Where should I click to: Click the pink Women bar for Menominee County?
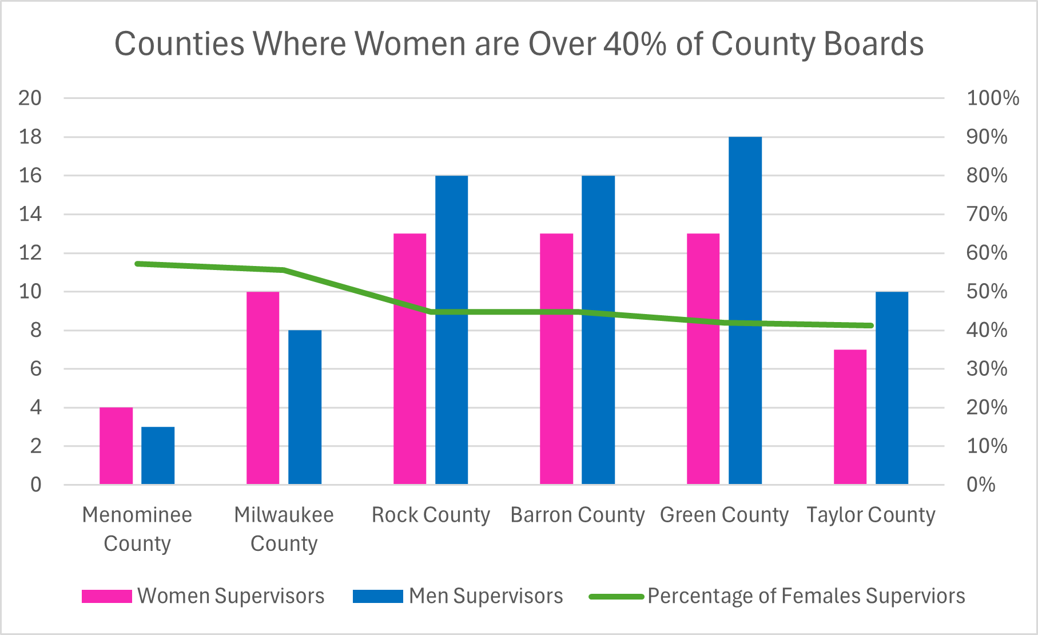(x=116, y=446)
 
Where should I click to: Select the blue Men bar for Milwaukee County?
(x=305, y=407)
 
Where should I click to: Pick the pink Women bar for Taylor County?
(x=850, y=417)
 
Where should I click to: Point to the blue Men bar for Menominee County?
(x=158, y=455)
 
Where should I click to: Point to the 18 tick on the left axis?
(x=30, y=137)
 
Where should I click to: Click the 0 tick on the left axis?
(x=35, y=485)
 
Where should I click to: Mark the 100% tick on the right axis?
(x=992, y=98)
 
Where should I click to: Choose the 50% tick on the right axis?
(x=987, y=291)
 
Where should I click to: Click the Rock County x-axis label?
(x=431, y=515)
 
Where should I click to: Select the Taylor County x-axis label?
(x=870, y=515)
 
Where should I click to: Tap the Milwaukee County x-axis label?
(x=284, y=529)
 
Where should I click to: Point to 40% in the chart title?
(x=635, y=43)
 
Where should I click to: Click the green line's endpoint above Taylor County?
(x=870, y=326)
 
